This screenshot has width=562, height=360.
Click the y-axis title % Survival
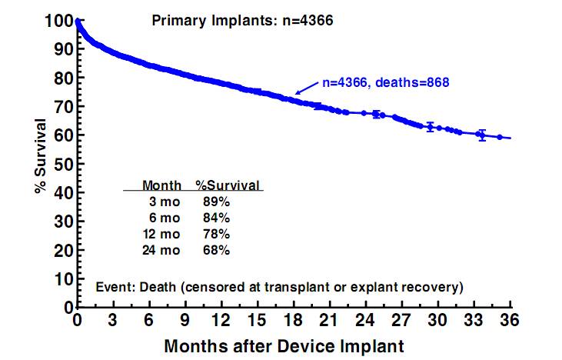(x=40, y=155)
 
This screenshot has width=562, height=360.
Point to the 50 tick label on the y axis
(x=64, y=164)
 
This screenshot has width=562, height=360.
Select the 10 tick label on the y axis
(x=64, y=279)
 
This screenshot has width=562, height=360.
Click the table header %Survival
(x=228, y=185)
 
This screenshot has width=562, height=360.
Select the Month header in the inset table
(x=162, y=185)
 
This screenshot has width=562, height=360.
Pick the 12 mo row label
(x=164, y=234)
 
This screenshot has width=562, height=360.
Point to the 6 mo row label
(x=167, y=218)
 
